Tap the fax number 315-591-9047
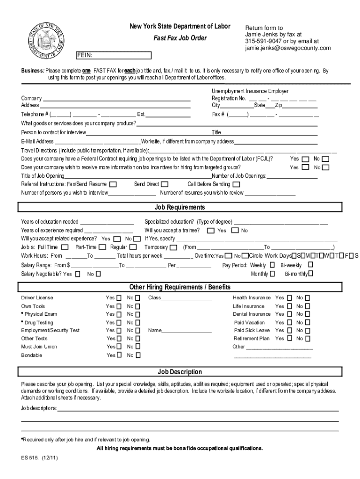(x=263, y=41)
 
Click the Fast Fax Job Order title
(x=180, y=38)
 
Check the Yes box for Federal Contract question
(x=305, y=159)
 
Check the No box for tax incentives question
(x=325, y=167)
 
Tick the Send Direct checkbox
(x=165, y=184)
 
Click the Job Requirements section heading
(x=180, y=207)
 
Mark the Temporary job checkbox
(x=173, y=247)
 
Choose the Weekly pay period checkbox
(x=272, y=265)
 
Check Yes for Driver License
(x=119, y=298)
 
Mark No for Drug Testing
(x=137, y=323)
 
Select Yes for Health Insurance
(x=289, y=298)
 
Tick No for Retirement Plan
(x=307, y=339)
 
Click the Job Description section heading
(x=180, y=372)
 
